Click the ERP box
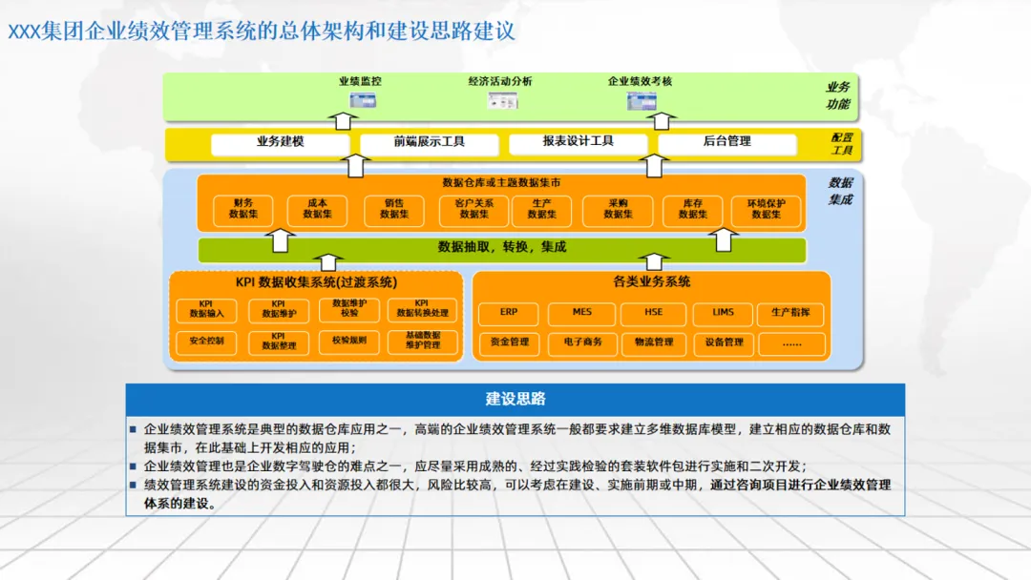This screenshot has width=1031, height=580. click(x=510, y=312)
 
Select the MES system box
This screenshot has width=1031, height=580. click(x=581, y=312)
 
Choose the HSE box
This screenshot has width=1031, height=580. click(x=653, y=312)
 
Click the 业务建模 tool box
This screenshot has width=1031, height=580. click(x=280, y=142)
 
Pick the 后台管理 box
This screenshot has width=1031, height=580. click(x=726, y=142)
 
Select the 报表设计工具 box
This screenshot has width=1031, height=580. click(x=578, y=142)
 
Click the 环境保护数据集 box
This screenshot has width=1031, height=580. click(x=766, y=209)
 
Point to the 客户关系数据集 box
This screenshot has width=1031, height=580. click(x=473, y=209)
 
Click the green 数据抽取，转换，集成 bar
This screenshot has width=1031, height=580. click(x=502, y=248)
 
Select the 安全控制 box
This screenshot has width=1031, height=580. click(x=206, y=340)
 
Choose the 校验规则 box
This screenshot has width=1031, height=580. click(x=348, y=340)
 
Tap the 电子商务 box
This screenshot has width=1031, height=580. click(x=582, y=342)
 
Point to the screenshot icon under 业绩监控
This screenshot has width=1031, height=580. click(x=363, y=101)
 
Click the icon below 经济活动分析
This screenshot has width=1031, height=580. click(x=502, y=101)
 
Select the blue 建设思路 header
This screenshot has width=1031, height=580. click(x=515, y=399)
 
